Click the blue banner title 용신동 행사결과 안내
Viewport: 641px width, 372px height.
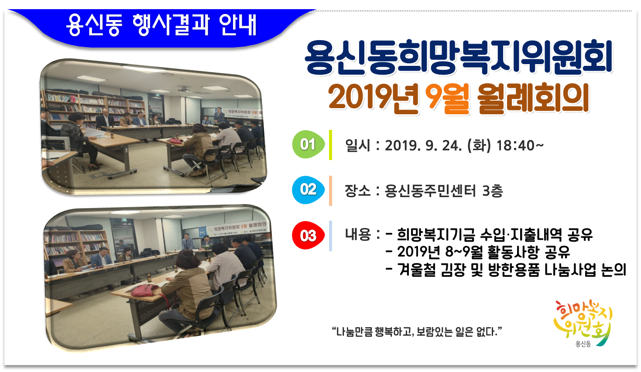click(161, 25)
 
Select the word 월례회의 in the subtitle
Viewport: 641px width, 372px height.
click(533, 98)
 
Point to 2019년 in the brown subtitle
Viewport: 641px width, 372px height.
click(373, 98)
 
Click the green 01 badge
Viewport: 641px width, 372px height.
click(308, 144)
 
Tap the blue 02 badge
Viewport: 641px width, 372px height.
click(308, 190)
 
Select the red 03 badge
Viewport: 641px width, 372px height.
click(308, 236)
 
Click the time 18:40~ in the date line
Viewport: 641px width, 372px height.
click(520, 145)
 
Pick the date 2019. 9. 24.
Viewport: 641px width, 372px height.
click(423, 145)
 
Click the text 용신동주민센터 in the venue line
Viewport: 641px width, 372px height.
click(430, 191)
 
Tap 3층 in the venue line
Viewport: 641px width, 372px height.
click(493, 191)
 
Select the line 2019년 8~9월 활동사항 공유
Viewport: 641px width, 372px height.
click(483, 252)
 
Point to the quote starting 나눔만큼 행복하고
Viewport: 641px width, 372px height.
click(417, 332)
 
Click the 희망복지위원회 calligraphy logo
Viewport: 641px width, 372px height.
click(583, 321)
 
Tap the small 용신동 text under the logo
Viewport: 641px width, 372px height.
click(583, 344)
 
